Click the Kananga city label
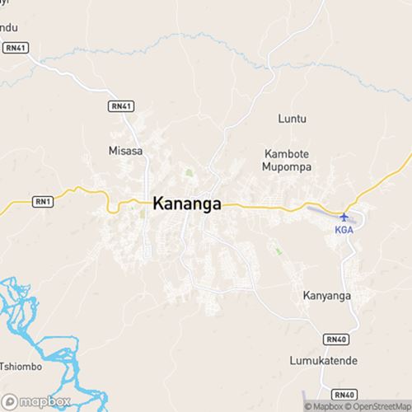tap(187, 204)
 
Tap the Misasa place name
tap(125, 151)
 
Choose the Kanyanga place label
tap(326, 295)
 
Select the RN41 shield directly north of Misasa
tap(119, 106)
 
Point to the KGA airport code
tap(344, 230)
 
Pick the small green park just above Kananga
tap(189, 173)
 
